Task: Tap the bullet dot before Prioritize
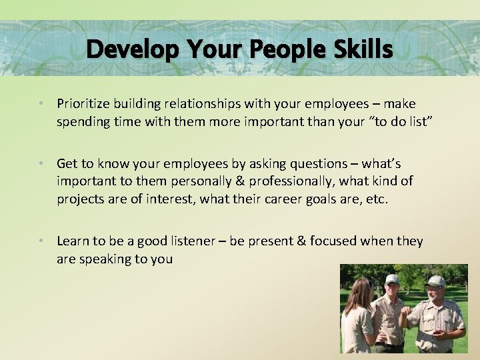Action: click(41, 104)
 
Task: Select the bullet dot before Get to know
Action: click(41, 164)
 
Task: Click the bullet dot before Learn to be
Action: click(41, 241)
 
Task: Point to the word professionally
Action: click(251, 181)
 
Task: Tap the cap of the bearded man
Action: click(435, 281)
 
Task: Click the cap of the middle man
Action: click(391, 279)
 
